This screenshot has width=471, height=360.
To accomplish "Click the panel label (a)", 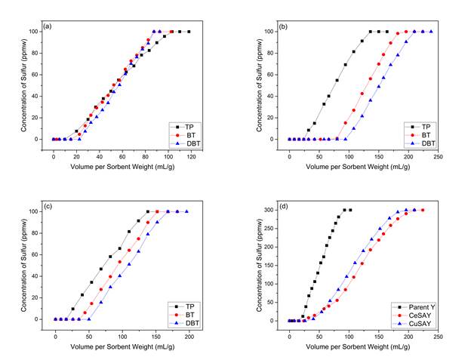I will [x=48, y=27].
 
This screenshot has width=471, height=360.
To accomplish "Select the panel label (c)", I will [x=48, y=207].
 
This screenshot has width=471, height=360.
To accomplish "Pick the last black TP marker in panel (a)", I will [x=189, y=32].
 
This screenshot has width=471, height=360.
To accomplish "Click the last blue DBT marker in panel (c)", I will [x=187, y=211].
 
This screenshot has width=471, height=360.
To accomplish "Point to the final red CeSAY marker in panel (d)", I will [x=423, y=210].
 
